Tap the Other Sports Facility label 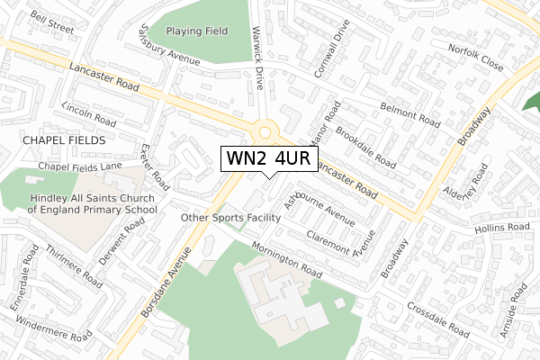pos(231,218)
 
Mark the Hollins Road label pos(505,229)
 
